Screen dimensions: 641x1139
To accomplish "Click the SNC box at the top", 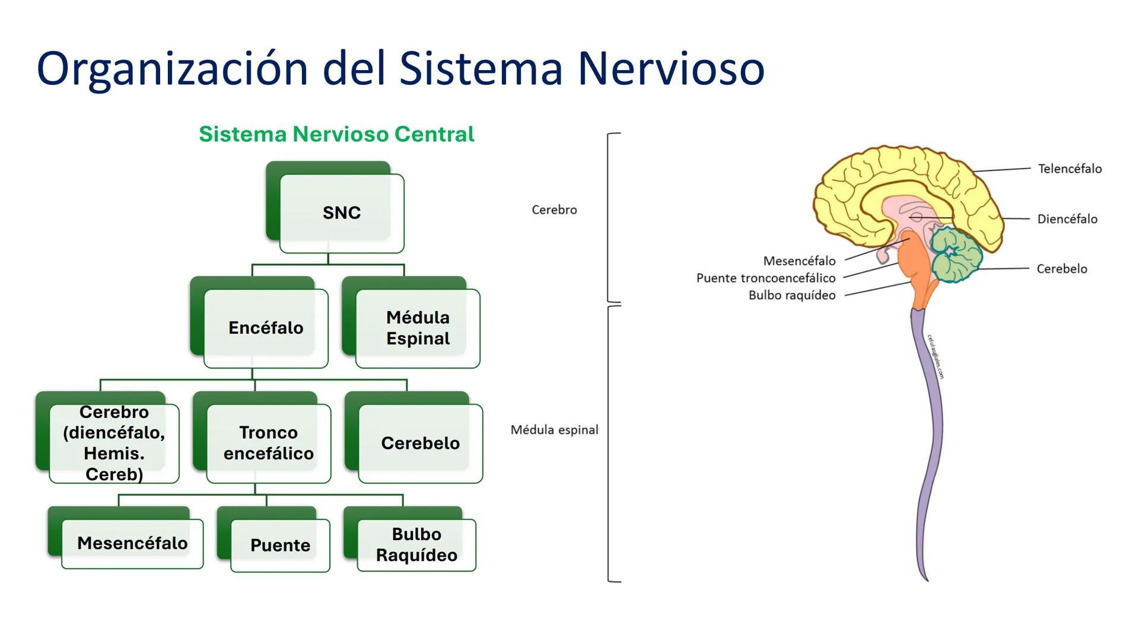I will coord(341,212).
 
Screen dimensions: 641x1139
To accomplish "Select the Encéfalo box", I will coord(266,328).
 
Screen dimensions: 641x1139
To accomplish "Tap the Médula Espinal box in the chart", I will coord(418,328).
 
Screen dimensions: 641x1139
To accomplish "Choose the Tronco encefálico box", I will coord(268,443).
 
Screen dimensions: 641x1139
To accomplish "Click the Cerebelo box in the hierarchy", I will coord(420,443).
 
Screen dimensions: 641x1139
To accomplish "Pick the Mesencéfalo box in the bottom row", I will coord(132,543).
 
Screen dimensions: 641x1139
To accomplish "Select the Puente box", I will coord(280,545).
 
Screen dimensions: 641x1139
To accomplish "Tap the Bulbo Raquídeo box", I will coord(416,544).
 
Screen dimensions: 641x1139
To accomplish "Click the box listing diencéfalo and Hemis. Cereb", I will coord(114,443).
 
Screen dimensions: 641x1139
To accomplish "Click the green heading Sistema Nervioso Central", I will coord(336,134).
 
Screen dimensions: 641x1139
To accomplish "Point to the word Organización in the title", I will coord(172,69).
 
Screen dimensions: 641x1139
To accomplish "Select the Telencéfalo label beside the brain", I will coord(1070,169).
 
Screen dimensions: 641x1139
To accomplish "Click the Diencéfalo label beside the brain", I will coord(1067,219).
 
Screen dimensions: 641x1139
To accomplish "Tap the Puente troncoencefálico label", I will coord(765,278).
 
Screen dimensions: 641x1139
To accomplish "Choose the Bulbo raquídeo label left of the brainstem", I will coord(791,296).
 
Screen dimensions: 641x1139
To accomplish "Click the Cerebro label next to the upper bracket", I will coord(554,210).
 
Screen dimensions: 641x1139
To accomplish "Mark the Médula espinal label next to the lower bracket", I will coord(554,430).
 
